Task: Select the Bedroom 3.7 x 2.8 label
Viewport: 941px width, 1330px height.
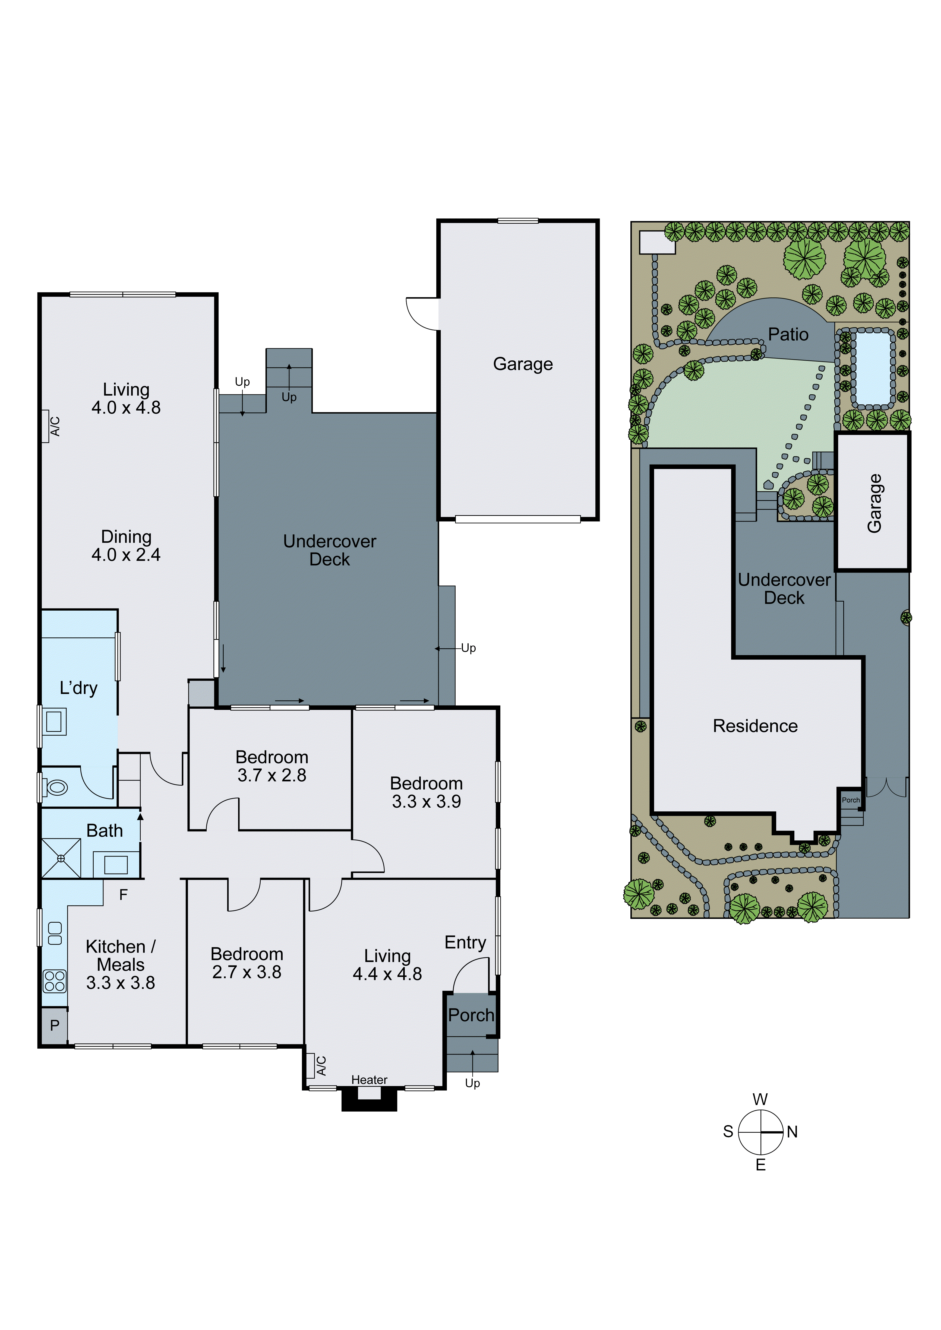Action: click(x=272, y=766)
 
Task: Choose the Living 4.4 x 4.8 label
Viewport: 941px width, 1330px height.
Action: click(x=387, y=964)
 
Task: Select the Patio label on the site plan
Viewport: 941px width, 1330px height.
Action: click(x=788, y=334)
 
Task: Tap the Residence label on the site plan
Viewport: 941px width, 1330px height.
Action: click(x=755, y=726)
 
